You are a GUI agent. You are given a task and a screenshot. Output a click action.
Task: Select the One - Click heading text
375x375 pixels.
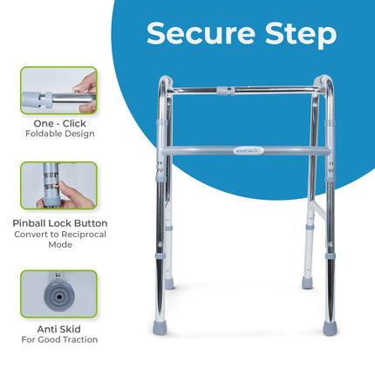tap(58, 123)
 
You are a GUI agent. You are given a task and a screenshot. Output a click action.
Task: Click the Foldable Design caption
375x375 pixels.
tap(58, 134)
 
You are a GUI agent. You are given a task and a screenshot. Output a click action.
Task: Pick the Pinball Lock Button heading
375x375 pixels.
tap(58, 223)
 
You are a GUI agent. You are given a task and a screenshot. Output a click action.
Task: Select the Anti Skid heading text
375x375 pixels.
tap(58, 329)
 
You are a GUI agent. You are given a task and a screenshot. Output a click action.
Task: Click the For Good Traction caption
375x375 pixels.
tap(58, 340)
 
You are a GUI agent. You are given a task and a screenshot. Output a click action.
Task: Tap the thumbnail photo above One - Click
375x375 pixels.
tap(58, 91)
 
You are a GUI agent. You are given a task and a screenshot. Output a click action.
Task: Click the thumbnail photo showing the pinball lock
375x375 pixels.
tap(58, 186)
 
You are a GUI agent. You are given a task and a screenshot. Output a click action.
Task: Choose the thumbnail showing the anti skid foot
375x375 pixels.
tap(58, 295)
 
